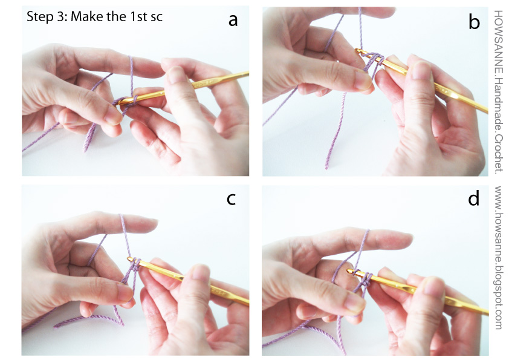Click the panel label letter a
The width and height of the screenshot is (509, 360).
coord(233,21)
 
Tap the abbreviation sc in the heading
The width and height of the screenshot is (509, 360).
coord(156,18)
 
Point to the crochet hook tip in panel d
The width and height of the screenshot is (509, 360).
coord(348,272)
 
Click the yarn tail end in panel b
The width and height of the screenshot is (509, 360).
coord(328,166)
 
